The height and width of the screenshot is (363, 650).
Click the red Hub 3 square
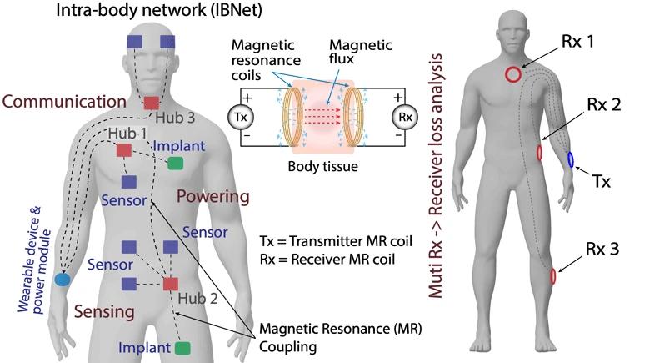coord(151,103)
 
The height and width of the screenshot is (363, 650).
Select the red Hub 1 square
coord(123,150)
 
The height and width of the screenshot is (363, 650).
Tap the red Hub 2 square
coord(171,284)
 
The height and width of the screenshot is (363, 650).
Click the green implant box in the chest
coord(175,163)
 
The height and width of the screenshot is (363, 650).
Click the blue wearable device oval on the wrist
coord(62,280)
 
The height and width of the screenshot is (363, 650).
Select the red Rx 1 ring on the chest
coord(513,74)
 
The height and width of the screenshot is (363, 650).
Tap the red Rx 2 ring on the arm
coord(540,153)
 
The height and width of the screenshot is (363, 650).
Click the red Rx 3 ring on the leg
coord(552,276)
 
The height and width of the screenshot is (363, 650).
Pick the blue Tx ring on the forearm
coord(571,159)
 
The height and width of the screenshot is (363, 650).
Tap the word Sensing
coord(81,312)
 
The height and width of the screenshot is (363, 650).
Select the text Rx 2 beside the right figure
coord(602,105)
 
